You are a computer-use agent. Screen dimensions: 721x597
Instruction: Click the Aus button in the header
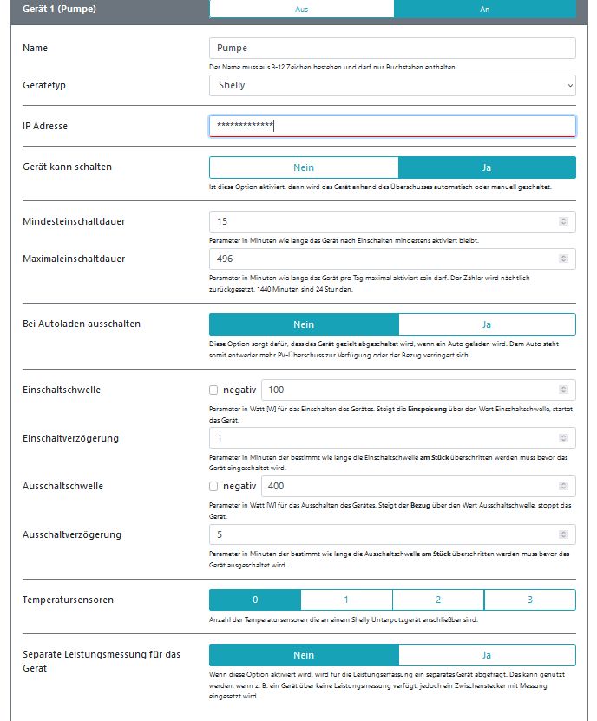[301, 9]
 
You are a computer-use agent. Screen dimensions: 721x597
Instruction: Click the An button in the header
[484, 9]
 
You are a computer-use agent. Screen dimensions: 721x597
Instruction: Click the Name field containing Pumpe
[392, 49]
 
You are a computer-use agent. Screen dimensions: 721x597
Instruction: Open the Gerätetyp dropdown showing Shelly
[392, 85]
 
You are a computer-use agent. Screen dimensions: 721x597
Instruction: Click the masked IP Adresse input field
[392, 127]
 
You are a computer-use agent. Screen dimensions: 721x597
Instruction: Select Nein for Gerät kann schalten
[304, 167]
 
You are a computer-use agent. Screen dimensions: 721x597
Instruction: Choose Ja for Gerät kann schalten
[487, 167]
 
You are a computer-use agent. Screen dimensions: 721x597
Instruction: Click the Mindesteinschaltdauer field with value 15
[392, 221]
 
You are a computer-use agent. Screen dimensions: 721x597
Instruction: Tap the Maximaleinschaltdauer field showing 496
[392, 259]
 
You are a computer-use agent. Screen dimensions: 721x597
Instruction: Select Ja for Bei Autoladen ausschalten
[487, 324]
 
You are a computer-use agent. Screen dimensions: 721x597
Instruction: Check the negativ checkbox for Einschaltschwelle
[214, 390]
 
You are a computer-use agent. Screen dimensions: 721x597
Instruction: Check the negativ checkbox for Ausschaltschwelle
[214, 486]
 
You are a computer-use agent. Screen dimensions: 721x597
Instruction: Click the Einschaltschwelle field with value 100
[418, 390]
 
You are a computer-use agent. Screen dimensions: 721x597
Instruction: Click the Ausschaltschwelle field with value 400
[418, 486]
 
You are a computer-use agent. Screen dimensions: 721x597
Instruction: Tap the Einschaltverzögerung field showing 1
[392, 438]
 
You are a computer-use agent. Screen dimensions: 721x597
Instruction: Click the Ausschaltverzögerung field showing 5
[392, 534]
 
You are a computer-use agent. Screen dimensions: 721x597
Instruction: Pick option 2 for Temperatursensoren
[438, 600]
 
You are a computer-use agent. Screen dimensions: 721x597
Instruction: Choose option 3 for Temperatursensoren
[529, 600]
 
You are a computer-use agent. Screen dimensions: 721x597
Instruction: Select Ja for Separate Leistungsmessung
[487, 655]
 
